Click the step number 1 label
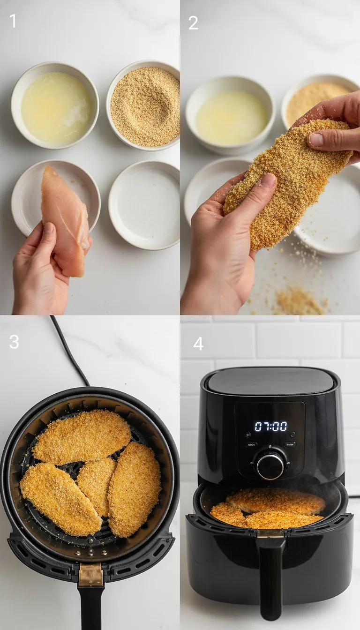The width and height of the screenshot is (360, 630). (13, 21)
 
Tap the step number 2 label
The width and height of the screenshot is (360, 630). (193, 22)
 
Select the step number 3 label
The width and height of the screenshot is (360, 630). (14, 342)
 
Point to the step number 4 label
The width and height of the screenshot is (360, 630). (198, 344)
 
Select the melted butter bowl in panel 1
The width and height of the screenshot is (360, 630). (55, 107)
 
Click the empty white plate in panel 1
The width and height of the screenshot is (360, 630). (144, 205)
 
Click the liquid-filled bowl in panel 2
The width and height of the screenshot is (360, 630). (231, 117)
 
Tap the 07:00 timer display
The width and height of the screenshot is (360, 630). (270, 426)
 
